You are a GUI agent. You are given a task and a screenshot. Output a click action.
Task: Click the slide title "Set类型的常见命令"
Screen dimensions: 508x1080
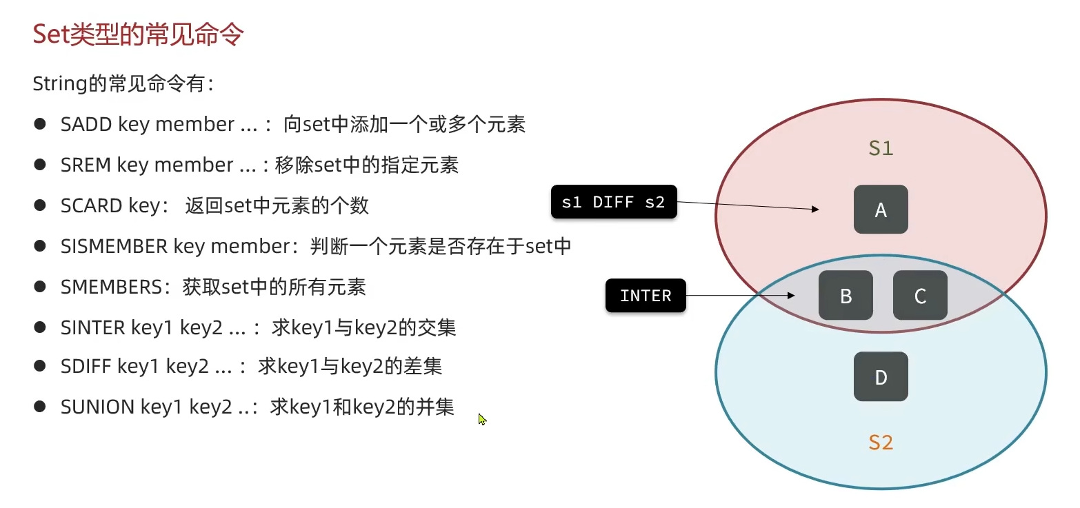(x=138, y=34)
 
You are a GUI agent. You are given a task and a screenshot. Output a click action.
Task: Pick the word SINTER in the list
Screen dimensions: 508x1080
(x=93, y=327)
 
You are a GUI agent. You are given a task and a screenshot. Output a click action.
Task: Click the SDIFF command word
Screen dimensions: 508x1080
(x=86, y=366)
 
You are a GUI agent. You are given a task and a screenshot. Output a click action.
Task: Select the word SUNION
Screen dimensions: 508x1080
(x=97, y=407)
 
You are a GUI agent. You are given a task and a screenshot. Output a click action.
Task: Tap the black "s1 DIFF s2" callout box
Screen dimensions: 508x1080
(x=613, y=202)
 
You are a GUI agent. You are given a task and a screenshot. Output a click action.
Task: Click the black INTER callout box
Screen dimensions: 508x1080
(x=646, y=296)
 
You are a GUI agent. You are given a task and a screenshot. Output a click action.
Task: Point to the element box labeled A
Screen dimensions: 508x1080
(x=881, y=210)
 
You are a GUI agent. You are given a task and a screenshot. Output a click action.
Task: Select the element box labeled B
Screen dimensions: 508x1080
(x=846, y=296)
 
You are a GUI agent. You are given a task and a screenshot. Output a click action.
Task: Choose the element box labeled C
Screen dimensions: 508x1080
(x=920, y=296)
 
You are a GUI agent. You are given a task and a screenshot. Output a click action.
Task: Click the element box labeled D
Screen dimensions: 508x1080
(x=881, y=377)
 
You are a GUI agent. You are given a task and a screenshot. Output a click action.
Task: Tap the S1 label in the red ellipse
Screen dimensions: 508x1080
(x=881, y=148)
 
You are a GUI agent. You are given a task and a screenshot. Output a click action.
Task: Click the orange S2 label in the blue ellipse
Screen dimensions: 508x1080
(x=881, y=443)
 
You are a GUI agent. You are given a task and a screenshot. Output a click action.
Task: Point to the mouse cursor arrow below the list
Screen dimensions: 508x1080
(x=481, y=418)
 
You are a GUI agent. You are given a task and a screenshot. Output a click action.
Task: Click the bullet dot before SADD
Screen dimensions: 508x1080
(x=40, y=124)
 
